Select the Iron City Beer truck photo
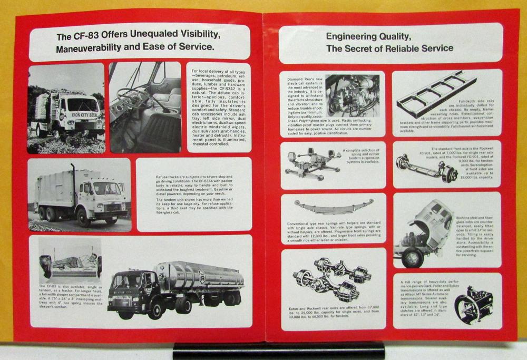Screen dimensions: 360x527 pyautogui.click(x=66, y=108)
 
